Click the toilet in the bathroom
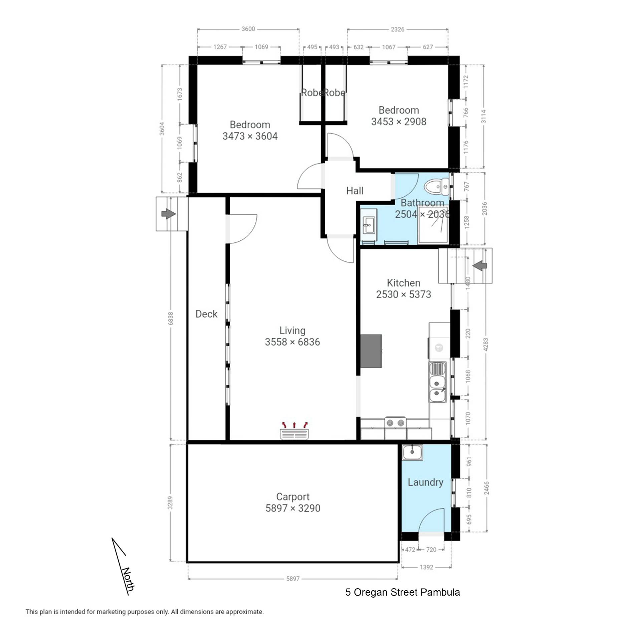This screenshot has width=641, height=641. click(437, 187)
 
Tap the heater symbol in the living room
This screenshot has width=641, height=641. click(294, 431)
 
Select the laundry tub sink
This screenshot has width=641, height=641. click(412, 452)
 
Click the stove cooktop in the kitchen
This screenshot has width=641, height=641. click(395, 423)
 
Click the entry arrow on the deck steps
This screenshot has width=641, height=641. click(169, 214)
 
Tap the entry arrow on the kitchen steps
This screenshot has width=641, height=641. click(480, 266)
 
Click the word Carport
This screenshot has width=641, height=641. click(293, 497)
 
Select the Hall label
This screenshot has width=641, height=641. click(355, 191)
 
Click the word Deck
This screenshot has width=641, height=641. click(206, 314)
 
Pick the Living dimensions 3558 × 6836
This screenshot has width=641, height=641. click(292, 342)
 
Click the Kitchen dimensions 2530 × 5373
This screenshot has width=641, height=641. click(404, 294)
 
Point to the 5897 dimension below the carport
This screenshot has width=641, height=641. click(293, 579)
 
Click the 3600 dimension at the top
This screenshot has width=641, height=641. click(248, 29)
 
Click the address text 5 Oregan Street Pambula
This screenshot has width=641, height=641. click(403, 592)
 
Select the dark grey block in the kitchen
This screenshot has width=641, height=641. click(371, 351)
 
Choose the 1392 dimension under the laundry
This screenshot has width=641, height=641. click(426, 567)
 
